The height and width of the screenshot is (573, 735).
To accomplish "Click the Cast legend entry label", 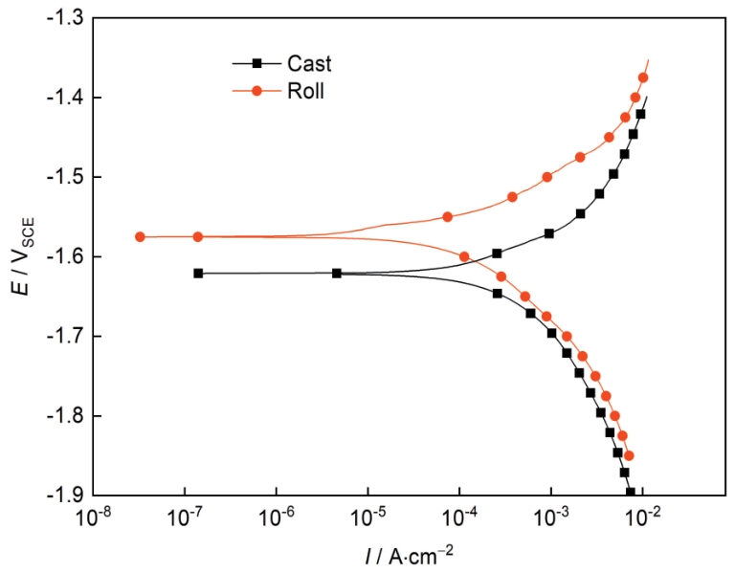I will pos(308,64).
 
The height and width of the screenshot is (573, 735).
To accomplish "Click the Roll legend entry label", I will pos(305,94).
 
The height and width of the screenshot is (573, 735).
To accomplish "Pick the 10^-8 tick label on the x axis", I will pos(93,518).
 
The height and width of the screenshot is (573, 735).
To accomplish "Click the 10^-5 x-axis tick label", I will pos(368,518).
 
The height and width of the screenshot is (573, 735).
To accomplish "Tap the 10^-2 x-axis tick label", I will pos(643,518).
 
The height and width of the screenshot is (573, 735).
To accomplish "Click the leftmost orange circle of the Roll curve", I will pos(140,236).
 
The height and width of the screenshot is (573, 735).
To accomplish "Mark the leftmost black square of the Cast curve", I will pos(198,273).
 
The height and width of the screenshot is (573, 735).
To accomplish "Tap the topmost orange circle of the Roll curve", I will pos(643,77).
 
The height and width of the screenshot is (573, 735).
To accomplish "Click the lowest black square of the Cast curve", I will pos(631,493).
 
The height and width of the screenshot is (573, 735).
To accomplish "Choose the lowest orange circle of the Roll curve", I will pos(629,455).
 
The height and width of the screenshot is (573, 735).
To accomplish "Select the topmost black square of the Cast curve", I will pos(640,114).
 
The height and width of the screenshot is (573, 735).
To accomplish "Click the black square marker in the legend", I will pos(256,63).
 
